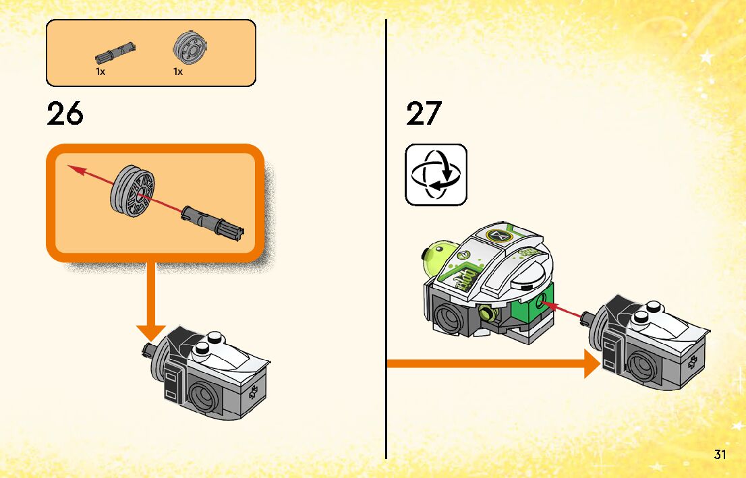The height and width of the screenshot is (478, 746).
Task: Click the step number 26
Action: pyautogui.click(x=65, y=114)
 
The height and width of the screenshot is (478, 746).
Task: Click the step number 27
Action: pyautogui.click(x=424, y=114)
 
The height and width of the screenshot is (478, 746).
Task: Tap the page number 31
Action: pyautogui.click(x=720, y=454)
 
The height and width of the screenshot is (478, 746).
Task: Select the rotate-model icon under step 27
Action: pyautogui.click(x=436, y=175)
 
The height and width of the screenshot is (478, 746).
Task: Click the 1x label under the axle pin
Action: pyautogui.click(x=101, y=71)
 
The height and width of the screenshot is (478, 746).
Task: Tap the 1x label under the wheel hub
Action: pyautogui.click(x=178, y=71)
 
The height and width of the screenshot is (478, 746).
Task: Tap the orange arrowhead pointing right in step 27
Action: pyautogui.click(x=592, y=365)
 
